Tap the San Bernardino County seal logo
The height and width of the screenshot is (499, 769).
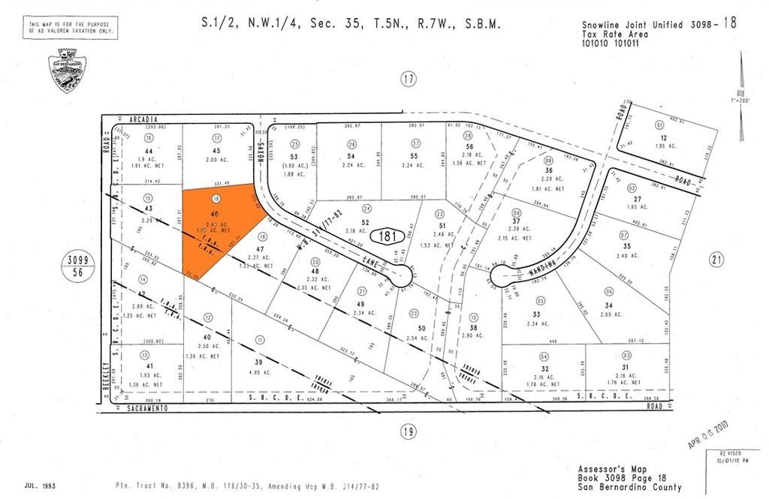point(65,71)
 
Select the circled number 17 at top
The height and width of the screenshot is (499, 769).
point(408,79)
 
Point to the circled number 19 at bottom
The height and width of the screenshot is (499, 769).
point(408,432)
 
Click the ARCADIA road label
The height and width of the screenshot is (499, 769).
point(145,119)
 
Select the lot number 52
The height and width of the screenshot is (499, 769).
point(365,222)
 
